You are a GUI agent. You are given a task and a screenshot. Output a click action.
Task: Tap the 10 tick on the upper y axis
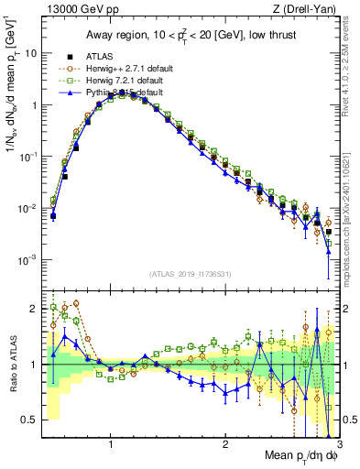[31, 53]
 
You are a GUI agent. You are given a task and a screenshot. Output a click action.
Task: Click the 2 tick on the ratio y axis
[34, 309]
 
